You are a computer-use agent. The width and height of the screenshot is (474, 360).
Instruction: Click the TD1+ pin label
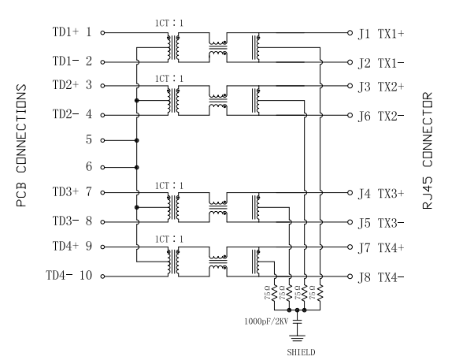[65, 32]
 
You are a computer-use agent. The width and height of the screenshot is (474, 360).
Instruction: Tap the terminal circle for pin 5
[102, 140]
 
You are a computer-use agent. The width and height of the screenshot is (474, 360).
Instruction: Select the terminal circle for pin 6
[102, 167]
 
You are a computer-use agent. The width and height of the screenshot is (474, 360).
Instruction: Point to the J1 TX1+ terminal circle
[350, 32]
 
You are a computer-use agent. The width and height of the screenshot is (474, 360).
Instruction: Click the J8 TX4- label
[381, 277]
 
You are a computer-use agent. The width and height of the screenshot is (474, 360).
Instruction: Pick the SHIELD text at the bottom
[301, 352]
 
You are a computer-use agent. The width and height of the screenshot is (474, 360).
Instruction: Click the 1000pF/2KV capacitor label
[266, 321]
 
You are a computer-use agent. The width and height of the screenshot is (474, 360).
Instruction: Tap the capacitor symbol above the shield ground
[297, 321]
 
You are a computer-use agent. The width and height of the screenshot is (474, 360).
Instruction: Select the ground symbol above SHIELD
[297, 338]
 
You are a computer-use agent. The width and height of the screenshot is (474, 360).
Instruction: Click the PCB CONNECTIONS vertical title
[21, 146]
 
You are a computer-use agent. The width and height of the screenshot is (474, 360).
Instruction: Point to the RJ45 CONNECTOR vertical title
[428, 150]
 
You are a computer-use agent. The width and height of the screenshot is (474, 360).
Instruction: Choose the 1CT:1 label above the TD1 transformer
[169, 23]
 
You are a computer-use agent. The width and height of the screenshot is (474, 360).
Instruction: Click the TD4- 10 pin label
[69, 275]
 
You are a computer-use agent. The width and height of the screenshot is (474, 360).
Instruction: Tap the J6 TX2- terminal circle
[350, 115]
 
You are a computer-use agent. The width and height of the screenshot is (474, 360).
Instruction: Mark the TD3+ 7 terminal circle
[102, 192]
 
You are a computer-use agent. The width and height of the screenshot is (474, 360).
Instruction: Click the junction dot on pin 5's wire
[137, 140]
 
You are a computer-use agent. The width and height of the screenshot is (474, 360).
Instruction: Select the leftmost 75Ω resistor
[275, 293]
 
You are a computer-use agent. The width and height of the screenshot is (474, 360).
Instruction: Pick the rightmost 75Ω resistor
[320, 293]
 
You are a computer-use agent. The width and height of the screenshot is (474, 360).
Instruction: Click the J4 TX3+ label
[381, 194]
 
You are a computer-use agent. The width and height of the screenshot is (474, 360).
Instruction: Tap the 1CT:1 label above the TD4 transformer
[169, 239]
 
